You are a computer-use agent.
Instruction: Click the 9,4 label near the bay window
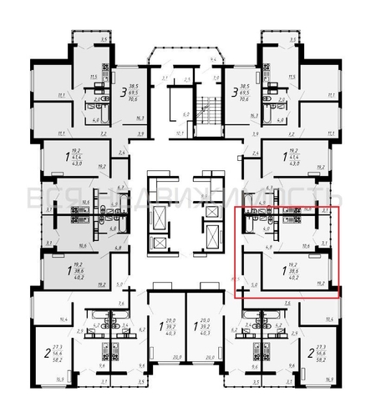tap(213, 60)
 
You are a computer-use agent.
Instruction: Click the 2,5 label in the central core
tap(188, 80)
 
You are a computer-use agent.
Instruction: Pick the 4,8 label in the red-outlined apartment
tap(246, 247)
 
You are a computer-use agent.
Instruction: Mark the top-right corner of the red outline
tap(339, 206)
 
